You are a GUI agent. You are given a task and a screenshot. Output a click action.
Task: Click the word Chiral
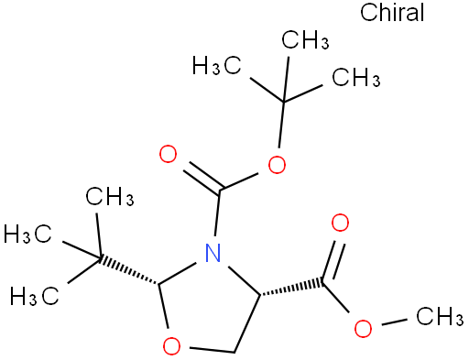[x=392, y=12]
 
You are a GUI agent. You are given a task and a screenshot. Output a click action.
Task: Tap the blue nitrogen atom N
[x=213, y=253]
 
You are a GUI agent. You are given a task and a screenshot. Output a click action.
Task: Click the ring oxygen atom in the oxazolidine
[x=171, y=345]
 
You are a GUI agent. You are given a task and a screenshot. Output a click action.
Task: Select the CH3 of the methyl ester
[x=440, y=316]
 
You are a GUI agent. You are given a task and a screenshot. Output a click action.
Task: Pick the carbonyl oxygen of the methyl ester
[x=340, y=223]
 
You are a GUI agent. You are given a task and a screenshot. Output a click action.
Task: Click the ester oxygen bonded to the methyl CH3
[x=363, y=329]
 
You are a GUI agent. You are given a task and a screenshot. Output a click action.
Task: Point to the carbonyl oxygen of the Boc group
[x=168, y=154]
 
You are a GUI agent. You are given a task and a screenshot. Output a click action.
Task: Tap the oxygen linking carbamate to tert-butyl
[x=277, y=165]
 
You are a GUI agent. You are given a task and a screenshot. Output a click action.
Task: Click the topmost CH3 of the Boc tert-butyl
[x=305, y=39]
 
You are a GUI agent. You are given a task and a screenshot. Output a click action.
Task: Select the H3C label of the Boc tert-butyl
[x=217, y=65]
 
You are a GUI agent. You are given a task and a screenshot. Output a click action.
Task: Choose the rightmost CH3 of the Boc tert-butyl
[x=356, y=77]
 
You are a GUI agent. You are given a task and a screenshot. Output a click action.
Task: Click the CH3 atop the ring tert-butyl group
[x=110, y=197]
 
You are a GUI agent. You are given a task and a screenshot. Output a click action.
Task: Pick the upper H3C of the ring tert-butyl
[x=27, y=235]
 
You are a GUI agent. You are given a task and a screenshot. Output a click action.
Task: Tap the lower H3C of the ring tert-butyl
[x=34, y=296]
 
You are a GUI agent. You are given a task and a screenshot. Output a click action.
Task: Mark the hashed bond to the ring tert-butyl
[x=129, y=271]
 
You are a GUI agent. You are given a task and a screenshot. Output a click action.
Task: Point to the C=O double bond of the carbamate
[x=202, y=178]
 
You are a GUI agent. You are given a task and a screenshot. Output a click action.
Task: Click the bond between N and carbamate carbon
[x=218, y=213]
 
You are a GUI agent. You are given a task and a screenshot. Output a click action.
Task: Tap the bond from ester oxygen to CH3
[x=394, y=322]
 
